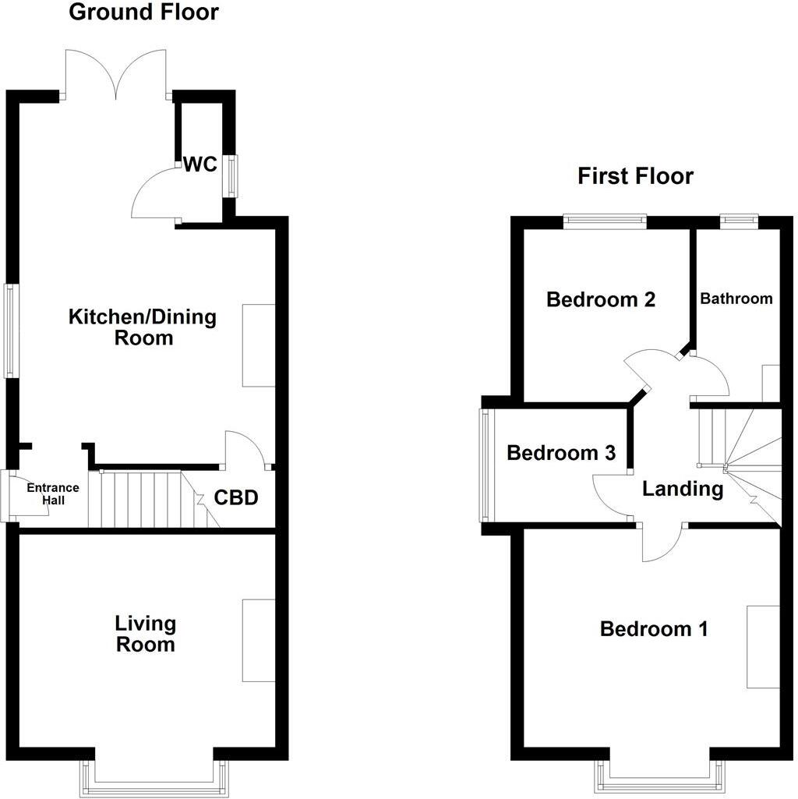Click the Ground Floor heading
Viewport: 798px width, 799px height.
(x=144, y=12)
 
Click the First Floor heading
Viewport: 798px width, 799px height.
(x=635, y=176)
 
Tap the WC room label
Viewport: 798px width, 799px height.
(x=200, y=164)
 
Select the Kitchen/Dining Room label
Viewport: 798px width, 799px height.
(x=143, y=327)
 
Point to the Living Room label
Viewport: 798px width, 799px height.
(x=145, y=634)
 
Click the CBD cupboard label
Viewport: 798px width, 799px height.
(x=235, y=497)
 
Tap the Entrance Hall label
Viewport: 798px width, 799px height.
(x=53, y=493)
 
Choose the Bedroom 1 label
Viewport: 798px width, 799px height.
(x=654, y=629)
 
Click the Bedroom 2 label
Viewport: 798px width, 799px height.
(x=601, y=299)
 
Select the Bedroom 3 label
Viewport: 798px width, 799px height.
(x=561, y=453)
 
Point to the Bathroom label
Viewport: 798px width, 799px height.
(x=736, y=299)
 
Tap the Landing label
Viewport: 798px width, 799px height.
(x=683, y=490)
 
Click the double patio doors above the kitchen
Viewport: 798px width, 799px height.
(x=116, y=74)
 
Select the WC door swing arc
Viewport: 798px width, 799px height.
(x=154, y=195)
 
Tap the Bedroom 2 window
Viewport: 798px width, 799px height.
(x=606, y=221)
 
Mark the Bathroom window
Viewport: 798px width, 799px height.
(x=738, y=221)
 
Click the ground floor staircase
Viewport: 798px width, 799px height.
(x=148, y=499)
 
